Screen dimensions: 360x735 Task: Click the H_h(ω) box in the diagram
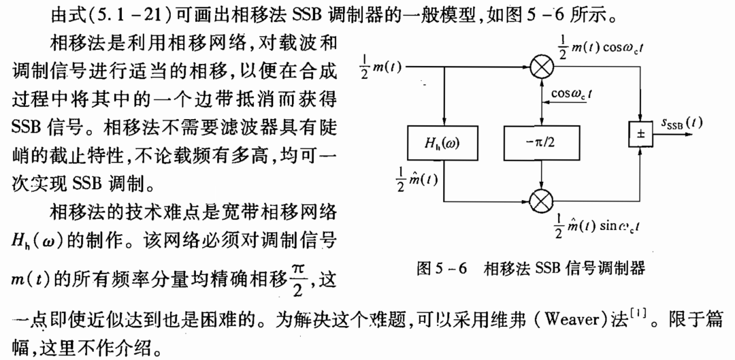444,142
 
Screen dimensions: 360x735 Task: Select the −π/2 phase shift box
540,142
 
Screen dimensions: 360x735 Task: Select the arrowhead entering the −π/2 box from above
540,122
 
